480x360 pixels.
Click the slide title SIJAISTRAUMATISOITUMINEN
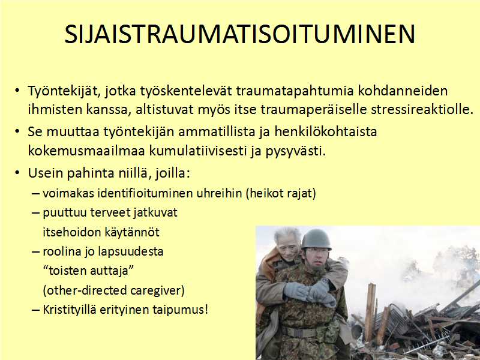click(239, 34)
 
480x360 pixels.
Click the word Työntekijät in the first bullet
click(64, 91)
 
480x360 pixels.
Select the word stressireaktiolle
click(422, 110)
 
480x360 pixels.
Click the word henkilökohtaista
click(326, 131)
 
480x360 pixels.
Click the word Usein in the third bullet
click(46, 173)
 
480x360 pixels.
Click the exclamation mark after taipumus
click(206, 310)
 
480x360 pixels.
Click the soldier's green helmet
click(316, 239)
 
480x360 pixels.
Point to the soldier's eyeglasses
click(316, 254)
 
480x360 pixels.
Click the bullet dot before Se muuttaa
click(17, 131)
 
